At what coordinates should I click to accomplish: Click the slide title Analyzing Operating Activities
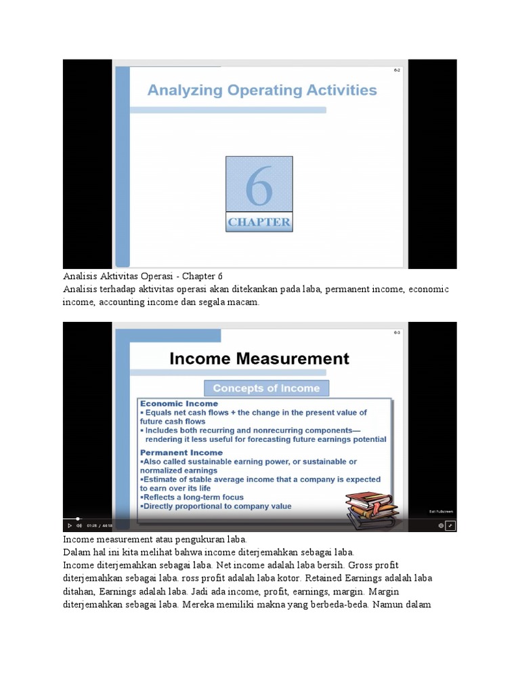[x=261, y=90]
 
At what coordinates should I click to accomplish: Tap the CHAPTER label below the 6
[x=259, y=222]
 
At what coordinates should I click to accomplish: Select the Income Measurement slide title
[x=259, y=359]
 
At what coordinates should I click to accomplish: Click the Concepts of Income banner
[x=266, y=388]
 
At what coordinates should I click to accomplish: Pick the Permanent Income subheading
[x=181, y=452]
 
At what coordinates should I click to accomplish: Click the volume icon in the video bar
[x=79, y=525]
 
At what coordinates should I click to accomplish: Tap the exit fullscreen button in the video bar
[x=450, y=525]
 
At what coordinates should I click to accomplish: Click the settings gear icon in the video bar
[x=441, y=525]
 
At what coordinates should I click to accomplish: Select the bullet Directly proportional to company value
[x=215, y=506]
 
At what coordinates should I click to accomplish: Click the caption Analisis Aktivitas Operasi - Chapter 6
[x=142, y=277]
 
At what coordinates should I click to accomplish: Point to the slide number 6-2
[x=397, y=70]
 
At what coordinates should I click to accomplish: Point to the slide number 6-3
[x=397, y=333]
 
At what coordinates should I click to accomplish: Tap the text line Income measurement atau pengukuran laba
[x=156, y=539]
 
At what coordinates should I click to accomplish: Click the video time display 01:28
[x=91, y=525]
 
